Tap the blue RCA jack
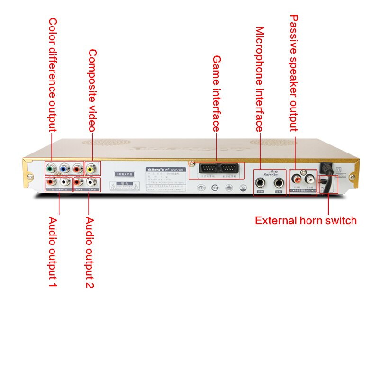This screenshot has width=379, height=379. (63, 168)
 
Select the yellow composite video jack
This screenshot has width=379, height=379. (90, 168)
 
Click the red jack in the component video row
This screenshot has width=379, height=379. (77, 168)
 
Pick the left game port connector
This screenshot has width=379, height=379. (207, 169)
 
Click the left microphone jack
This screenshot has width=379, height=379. (260, 182)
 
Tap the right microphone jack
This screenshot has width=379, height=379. (280, 182)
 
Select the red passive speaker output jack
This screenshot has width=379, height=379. (297, 180)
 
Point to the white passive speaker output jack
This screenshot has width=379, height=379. (310, 180)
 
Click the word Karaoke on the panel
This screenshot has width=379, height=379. (270, 173)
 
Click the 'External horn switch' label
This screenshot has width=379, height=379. (306, 220)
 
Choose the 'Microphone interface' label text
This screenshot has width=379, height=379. (260, 80)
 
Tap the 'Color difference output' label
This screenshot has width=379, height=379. (53, 75)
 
